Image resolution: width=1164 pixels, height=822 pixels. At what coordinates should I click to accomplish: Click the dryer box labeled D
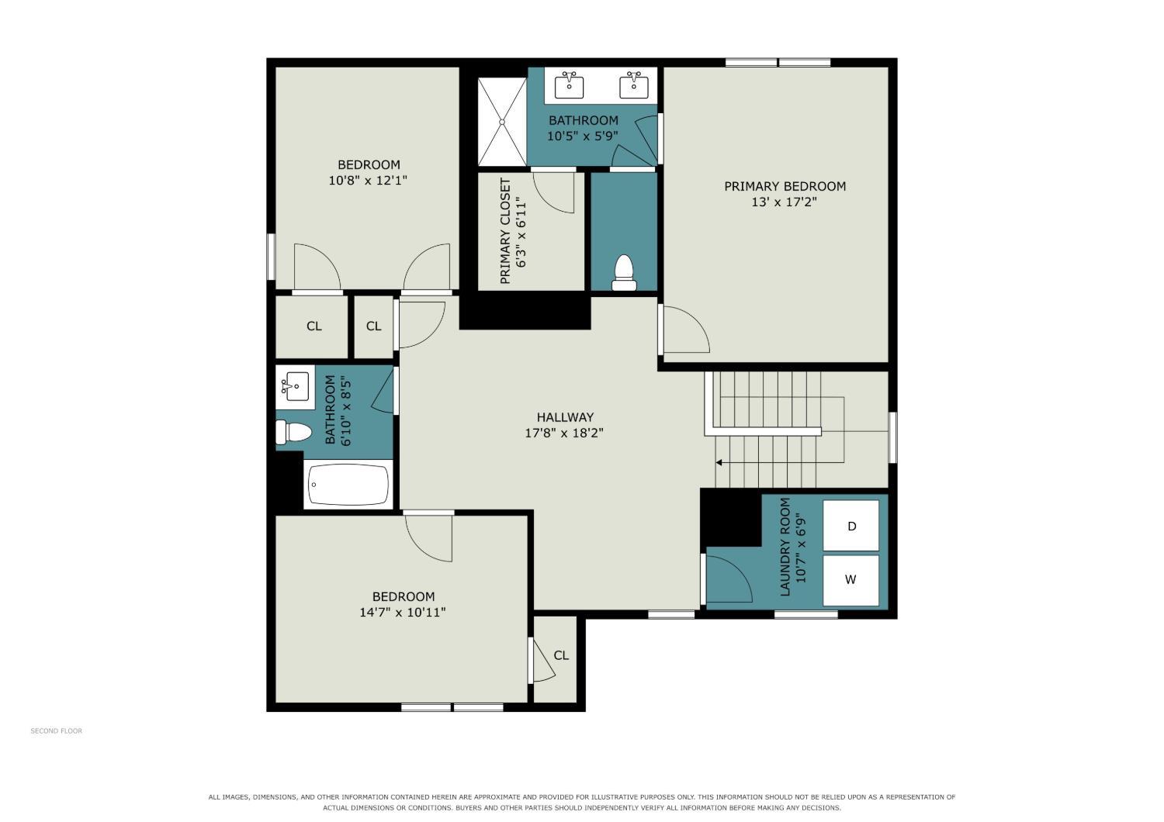pyautogui.click(x=850, y=526)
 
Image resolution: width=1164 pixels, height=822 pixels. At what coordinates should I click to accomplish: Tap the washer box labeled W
pyautogui.click(x=850, y=580)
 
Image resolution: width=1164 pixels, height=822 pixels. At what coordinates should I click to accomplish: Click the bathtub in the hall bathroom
pyautogui.click(x=348, y=485)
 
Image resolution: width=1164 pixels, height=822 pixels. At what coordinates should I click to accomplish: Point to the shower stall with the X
pyautogui.click(x=502, y=122)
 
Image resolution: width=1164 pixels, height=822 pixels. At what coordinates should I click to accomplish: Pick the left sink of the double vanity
pyautogui.click(x=569, y=85)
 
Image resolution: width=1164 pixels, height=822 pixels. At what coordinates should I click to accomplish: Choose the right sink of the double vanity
pyautogui.click(x=633, y=85)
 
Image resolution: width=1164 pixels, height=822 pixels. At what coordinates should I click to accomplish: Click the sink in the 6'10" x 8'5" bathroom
pyautogui.click(x=295, y=386)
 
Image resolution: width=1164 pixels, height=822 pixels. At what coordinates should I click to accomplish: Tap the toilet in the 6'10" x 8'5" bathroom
pyautogui.click(x=293, y=432)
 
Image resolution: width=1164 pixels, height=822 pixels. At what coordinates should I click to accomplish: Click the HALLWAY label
pyautogui.click(x=565, y=417)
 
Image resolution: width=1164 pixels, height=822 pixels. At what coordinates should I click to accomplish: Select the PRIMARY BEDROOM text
pyautogui.click(x=785, y=186)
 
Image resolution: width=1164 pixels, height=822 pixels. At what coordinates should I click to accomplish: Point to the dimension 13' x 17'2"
pyautogui.click(x=784, y=202)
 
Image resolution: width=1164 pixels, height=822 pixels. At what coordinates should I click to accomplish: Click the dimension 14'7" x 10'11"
pyautogui.click(x=403, y=612)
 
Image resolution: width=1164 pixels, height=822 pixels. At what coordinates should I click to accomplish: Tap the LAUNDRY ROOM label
pyautogui.click(x=785, y=547)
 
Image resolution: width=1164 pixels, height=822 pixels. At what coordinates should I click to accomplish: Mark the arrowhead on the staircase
pyautogui.click(x=719, y=462)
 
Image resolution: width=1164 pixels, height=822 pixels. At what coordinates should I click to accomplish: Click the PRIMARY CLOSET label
pyautogui.click(x=504, y=231)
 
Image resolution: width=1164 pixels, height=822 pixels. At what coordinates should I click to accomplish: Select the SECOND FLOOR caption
pyautogui.click(x=56, y=730)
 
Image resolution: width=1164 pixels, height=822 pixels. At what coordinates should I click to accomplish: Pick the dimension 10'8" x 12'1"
pyautogui.click(x=368, y=181)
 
